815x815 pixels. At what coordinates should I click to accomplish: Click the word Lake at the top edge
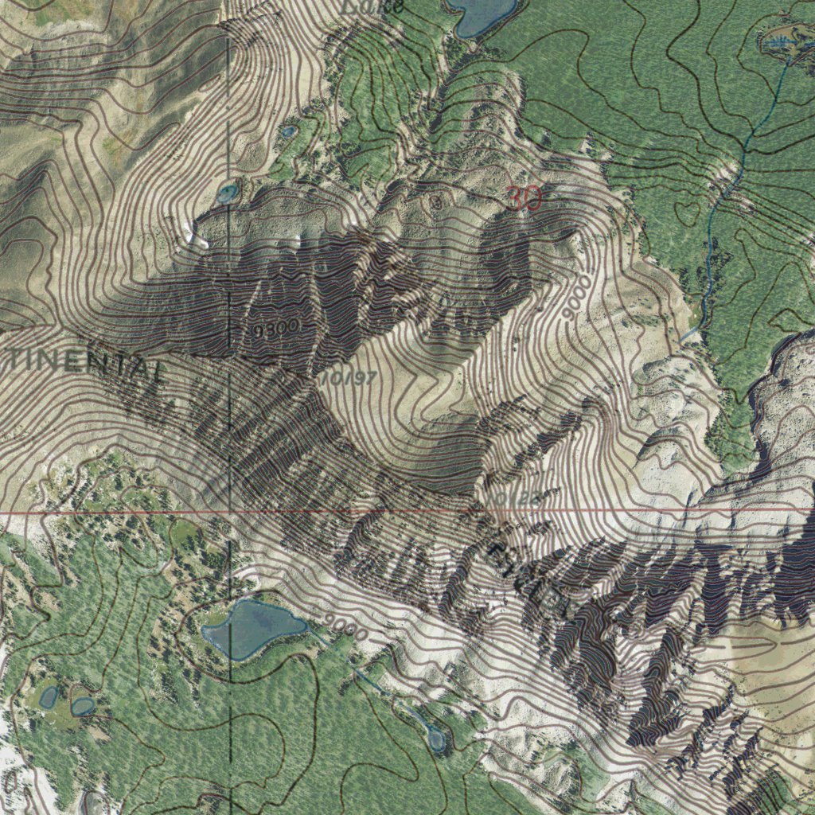(x=373, y=6)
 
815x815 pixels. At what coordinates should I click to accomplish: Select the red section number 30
(x=524, y=198)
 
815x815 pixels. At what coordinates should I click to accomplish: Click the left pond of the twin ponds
(x=49, y=697)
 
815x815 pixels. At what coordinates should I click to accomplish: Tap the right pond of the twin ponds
(x=82, y=706)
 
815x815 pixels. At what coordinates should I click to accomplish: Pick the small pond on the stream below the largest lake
(x=436, y=739)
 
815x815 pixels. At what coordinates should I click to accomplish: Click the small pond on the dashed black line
(x=228, y=193)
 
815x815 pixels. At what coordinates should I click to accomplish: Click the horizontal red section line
(x=119, y=513)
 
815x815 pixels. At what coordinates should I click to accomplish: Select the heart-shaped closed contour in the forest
(x=684, y=212)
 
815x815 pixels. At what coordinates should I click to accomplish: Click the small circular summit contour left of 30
(x=435, y=201)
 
